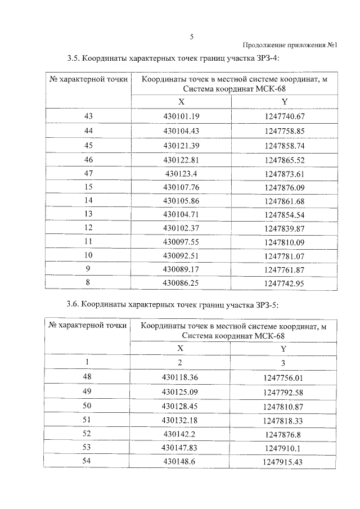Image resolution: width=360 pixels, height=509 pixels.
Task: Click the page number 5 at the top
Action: point(191,37)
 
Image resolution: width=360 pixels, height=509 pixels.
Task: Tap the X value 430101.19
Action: point(181,116)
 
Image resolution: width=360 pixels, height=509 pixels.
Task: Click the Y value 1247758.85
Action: point(284,130)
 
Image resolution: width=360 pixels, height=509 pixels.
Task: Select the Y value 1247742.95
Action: point(284,284)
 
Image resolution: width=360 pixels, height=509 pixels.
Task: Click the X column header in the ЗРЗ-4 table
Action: point(181,102)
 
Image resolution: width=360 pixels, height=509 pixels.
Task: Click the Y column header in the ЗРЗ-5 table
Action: point(284,348)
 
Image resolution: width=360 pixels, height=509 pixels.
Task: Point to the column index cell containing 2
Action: point(181,362)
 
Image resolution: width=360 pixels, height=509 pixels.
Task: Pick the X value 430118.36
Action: point(181,377)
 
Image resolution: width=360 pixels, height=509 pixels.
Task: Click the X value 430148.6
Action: point(181,461)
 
